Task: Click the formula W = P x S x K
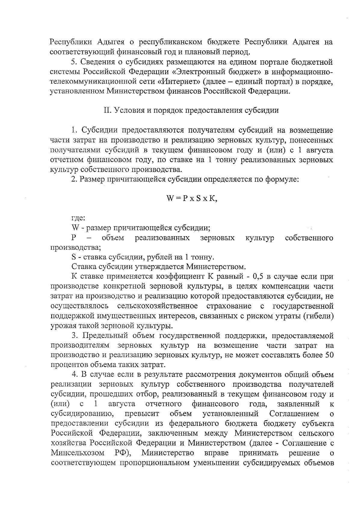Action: [192, 199]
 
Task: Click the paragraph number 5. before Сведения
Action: [74, 62]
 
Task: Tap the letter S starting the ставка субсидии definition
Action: [74, 257]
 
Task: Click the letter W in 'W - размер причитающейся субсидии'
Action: [75, 228]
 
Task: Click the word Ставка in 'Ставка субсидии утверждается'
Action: [82, 267]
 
